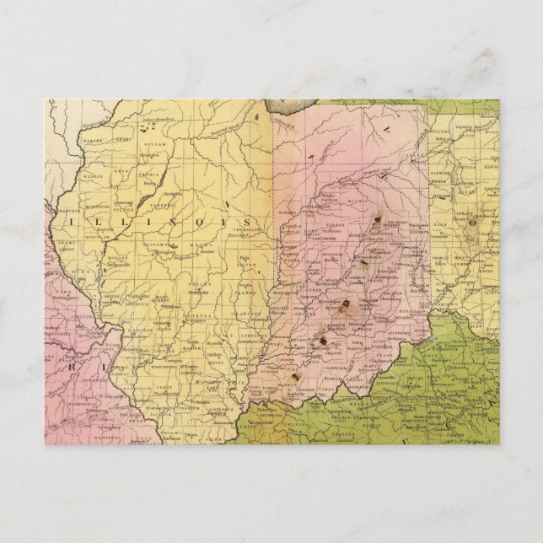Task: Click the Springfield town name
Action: tap(160, 251)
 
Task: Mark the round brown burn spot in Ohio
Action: tap(471, 223)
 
